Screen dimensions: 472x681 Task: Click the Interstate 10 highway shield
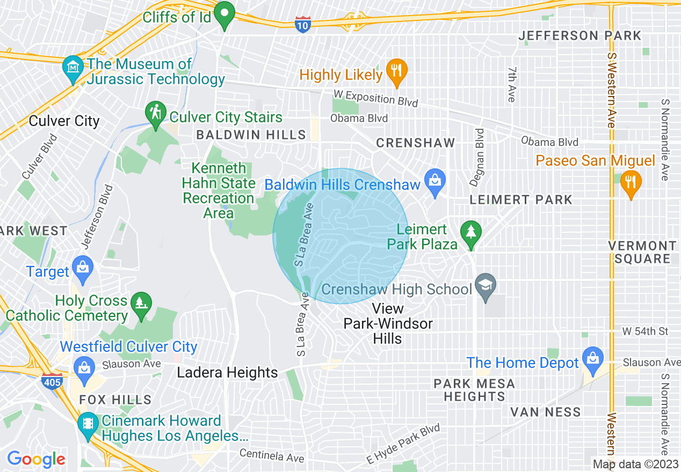click(303, 24)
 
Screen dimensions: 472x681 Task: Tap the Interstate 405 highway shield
click(52, 381)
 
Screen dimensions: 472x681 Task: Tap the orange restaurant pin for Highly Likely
click(396, 72)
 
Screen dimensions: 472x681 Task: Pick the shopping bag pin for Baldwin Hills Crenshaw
click(434, 182)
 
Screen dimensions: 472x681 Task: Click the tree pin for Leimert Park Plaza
click(471, 234)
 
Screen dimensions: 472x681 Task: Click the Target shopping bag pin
click(83, 269)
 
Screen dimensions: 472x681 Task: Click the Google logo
click(36, 459)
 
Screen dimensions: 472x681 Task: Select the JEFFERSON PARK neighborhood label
click(579, 36)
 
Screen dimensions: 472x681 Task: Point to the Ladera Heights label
click(228, 372)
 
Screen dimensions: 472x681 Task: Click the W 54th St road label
click(645, 331)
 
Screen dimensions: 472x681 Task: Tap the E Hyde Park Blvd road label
click(403, 445)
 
